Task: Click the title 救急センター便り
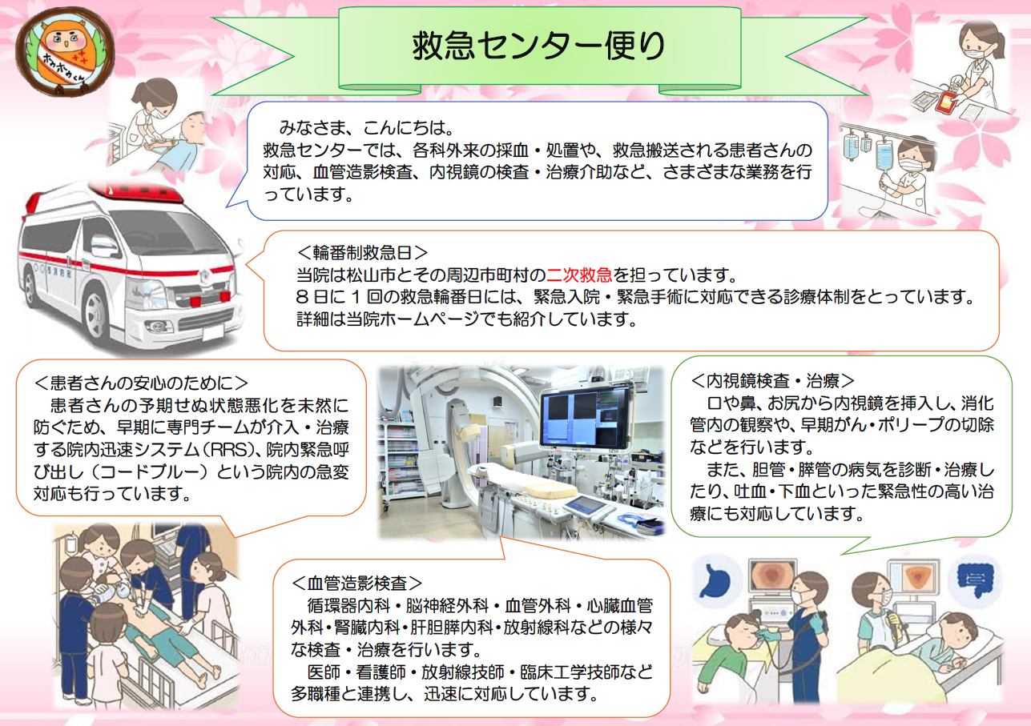tap(538, 46)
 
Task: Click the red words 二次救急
tap(579, 275)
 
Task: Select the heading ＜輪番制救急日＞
tap(362, 252)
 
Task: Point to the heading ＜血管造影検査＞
tap(356, 583)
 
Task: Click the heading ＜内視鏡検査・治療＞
tap(773, 381)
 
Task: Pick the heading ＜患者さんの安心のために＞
tap(141, 383)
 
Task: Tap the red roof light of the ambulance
tap(135, 192)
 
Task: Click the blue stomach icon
tap(715, 581)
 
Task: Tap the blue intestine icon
tap(975, 579)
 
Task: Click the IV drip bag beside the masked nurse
tap(884, 155)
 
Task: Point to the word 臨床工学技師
tap(570, 672)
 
